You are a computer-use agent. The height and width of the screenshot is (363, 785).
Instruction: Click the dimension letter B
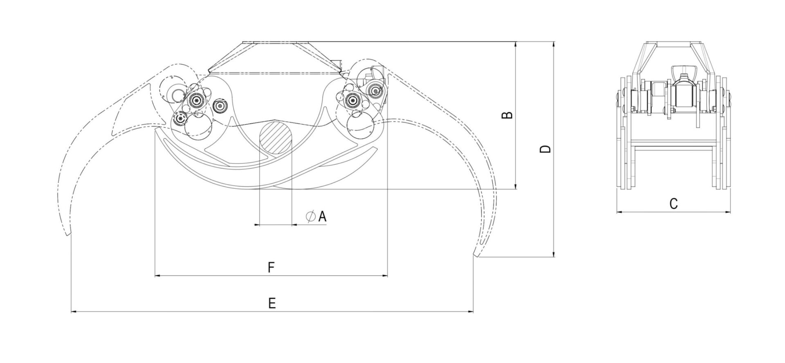click(507, 115)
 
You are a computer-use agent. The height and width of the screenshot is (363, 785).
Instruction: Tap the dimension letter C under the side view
click(673, 203)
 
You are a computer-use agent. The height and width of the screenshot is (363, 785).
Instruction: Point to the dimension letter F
click(271, 267)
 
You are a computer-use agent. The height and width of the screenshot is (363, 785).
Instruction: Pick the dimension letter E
click(272, 303)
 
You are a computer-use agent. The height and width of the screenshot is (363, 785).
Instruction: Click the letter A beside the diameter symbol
click(322, 216)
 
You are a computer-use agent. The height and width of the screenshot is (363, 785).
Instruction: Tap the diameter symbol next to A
click(310, 216)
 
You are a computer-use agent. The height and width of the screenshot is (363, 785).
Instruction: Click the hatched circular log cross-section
click(276, 137)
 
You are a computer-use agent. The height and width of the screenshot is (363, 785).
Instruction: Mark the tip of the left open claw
click(68, 235)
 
